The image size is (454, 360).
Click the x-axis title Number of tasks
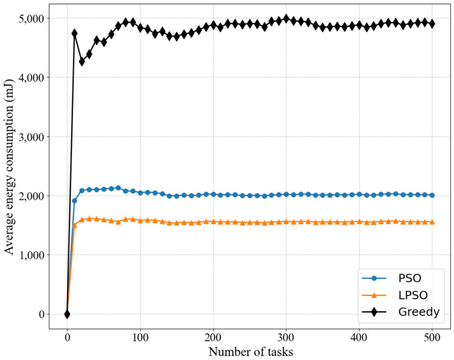pos(250,351)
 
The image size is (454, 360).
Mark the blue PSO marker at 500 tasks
pos(432,195)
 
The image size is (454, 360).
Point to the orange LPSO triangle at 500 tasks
pos(432,222)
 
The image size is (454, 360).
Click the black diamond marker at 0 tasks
pos(67,314)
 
